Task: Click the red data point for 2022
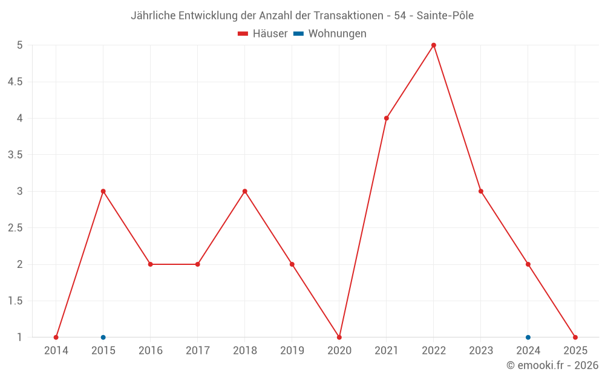click(434, 45)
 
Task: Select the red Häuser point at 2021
click(387, 118)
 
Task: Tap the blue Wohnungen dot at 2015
click(103, 337)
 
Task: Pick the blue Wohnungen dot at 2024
click(528, 337)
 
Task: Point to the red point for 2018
click(245, 191)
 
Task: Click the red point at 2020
click(339, 337)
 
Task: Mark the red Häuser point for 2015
click(103, 191)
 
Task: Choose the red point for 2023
click(481, 191)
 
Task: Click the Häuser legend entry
click(263, 34)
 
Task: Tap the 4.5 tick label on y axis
click(15, 82)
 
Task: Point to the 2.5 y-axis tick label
click(15, 228)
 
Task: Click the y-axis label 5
click(20, 45)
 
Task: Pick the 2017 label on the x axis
click(198, 351)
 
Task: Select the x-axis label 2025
click(575, 351)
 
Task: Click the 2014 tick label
click(56, 351)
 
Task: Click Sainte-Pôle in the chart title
click(445, 15)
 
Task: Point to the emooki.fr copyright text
click(552, 365)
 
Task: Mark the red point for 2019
click(292, 264)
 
